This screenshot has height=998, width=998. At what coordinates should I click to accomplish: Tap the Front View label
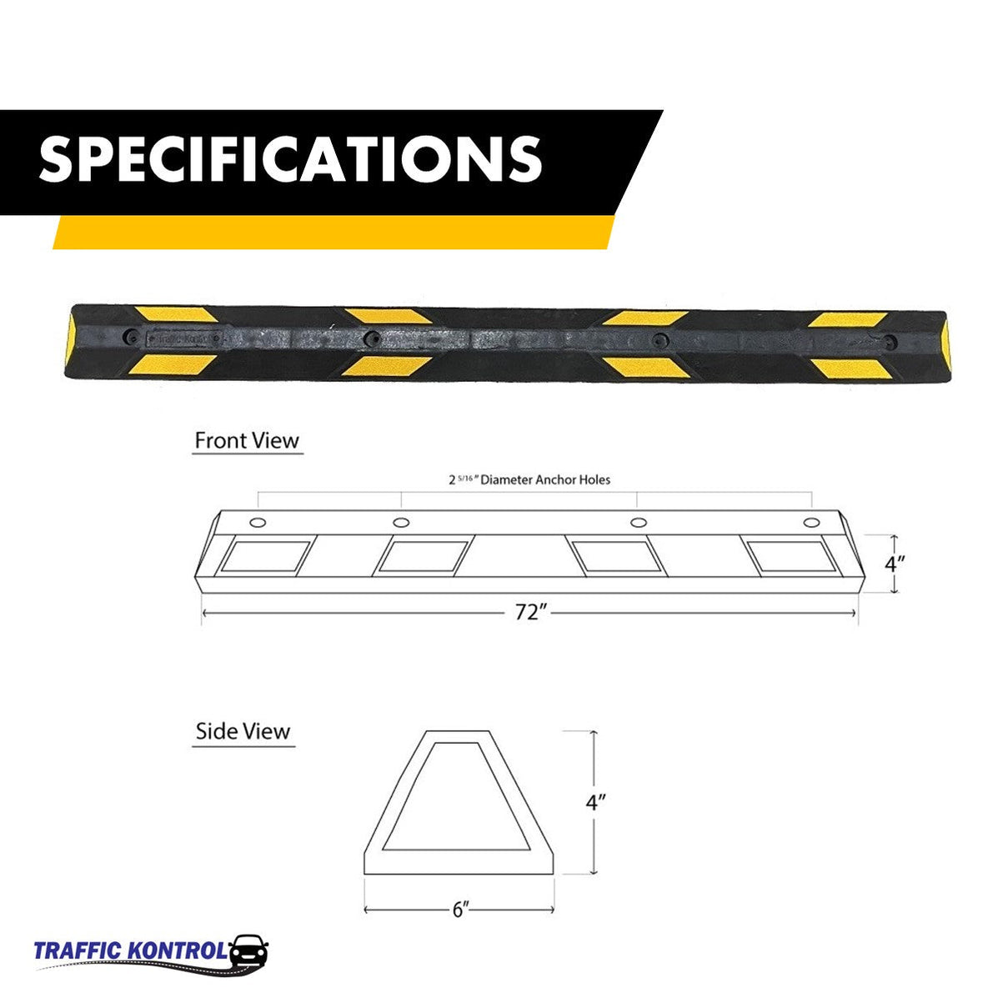(x=246, y=440)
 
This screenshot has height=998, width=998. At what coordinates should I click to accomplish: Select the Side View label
(x=243, y=732)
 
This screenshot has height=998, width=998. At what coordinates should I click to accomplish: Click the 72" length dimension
(x=529, y=613)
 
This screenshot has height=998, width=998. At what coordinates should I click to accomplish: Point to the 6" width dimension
(x=459, y=910)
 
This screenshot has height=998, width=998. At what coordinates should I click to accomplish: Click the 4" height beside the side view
(x=594, y=803)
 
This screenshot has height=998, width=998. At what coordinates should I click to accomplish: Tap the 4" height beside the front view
(x=895, y=564)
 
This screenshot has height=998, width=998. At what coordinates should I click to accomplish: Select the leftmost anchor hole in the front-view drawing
(x=258, y=523)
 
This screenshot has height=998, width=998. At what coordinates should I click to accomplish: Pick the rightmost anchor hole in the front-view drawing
(x=810, y=523)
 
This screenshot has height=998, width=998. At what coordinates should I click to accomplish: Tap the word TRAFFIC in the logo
(x=78, y=951)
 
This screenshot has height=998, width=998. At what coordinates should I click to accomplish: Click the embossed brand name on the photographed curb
(x=185, y=339)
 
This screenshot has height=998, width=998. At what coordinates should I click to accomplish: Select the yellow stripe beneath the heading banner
(x=334, y=232)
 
